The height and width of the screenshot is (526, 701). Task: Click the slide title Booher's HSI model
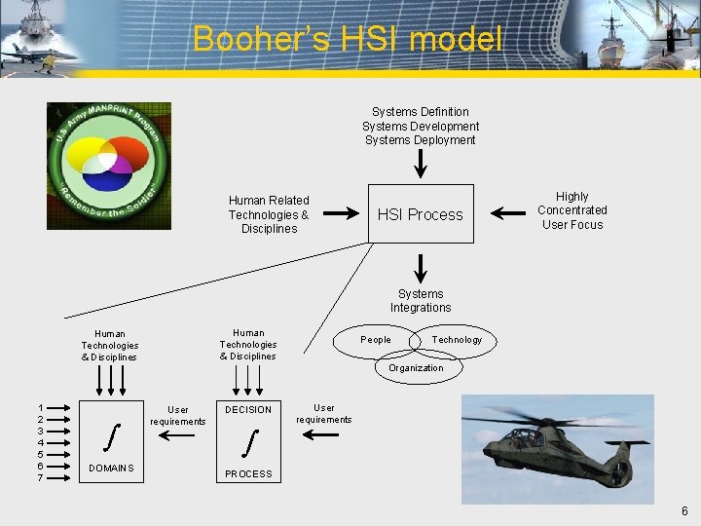click(x=348, y=39)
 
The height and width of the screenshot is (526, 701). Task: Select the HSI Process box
click(x=421, y=214)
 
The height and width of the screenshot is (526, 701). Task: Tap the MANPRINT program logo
click(x=108, y=166)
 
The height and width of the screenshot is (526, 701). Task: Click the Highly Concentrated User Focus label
click(x=572, y=210)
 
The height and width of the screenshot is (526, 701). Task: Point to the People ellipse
click(x=377, y=340)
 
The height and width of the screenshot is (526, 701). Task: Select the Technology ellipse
click(x=456, y=340)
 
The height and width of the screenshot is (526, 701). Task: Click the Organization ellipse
click(x=416, y=368)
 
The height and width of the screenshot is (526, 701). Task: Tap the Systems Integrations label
click(x=421, y=301)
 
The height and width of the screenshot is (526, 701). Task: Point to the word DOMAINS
click(x=111, y=469)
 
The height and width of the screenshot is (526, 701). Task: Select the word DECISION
click(x=248, y=410)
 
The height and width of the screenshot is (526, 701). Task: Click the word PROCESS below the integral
click(x=248, y=474)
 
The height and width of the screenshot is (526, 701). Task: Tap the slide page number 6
click(x=684, y=511)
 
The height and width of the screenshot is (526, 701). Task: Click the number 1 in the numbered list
click(x=40, y=408)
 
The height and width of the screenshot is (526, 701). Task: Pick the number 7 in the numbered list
click(x=40, y=477)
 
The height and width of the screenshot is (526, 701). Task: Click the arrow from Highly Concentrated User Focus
click(x=507, y=213)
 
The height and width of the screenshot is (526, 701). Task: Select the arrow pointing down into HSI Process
click(x=421, y=165)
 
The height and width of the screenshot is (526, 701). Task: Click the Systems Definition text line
click(x=421, y=112)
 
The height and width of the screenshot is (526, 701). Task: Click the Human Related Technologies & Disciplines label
click(x=269, y=214)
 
